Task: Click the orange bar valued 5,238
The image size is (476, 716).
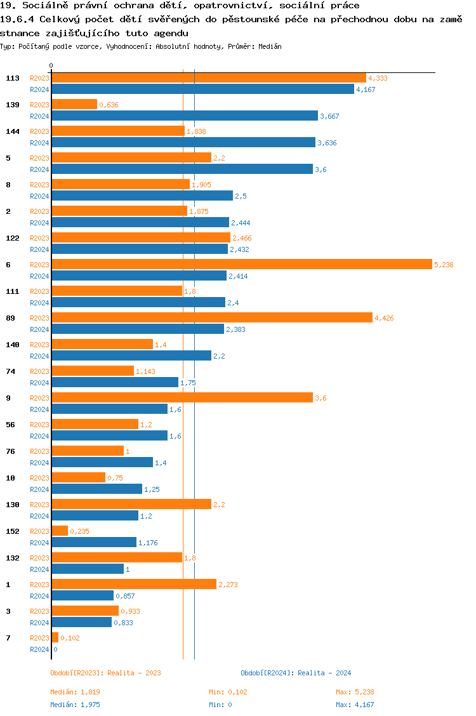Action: tap(241, 264)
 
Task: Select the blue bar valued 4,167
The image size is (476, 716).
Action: tap(202, 89)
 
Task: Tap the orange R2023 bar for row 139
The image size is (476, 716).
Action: tap(74, 104)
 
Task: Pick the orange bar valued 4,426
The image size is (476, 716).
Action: tap(212, 317)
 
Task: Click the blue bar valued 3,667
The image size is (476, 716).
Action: tap(185, 116)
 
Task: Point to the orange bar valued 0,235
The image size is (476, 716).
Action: tap(60, 531)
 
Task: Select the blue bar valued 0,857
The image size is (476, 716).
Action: tap(83, 595)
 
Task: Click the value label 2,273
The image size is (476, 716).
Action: tap(228, 585)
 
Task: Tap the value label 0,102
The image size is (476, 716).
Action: tap(70, 638)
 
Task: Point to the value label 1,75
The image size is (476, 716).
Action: tap(188, 383)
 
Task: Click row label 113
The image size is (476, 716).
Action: tap(12, 78)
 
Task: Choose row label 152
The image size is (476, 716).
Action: tap(12, 531)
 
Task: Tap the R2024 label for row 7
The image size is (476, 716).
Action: tap(39, 649)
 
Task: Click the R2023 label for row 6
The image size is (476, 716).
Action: tap(39, 265)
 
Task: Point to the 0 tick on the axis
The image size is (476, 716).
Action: tap(51, 65)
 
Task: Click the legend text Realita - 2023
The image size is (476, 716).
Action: tap(134, 673)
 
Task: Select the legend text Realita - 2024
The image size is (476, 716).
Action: tap(324, 673)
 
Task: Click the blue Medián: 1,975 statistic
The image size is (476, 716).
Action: tap(76, 705)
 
